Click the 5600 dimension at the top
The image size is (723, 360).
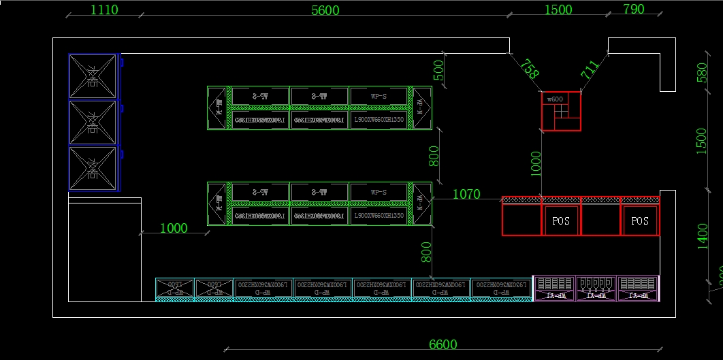(x=325, y=10)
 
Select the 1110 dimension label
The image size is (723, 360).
(x=103, y=10)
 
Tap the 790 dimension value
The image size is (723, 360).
(x=633, y=9)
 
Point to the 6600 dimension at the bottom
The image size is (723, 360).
(x=443, y=344)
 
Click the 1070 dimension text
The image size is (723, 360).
(x=466, y=195)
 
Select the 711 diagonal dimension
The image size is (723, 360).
(x=590, y=69)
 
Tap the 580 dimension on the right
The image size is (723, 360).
(x=703, y=72)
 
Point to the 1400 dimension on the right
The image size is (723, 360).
(x=703, y=236)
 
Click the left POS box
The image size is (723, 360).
(x=561, y=221)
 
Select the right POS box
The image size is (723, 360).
(x=640, y=221)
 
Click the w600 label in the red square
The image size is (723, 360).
(x=555, y=99)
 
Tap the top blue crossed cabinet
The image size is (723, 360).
(x=93, y=76)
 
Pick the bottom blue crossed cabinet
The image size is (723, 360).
(x=93, y=169)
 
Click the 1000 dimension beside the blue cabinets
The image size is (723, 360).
(x=174, y=229)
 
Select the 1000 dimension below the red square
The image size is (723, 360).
(x=536, y=163)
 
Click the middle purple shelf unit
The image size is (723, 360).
(x=596, y=288)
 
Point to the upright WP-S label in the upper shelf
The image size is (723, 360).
(x=379, y=96)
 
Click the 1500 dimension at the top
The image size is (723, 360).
(x=558, y=10)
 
